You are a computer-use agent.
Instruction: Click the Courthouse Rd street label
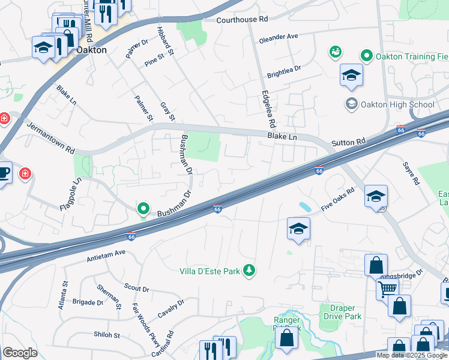[243, 19]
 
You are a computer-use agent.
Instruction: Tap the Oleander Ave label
[279, 37]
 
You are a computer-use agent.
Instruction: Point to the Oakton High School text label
[397, 104]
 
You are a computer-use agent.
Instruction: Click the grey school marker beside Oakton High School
[351, 104]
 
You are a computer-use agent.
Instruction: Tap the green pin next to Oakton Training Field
[366, 56]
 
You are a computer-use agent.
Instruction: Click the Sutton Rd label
[348, 143]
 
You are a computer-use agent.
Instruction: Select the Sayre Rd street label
[411, 173]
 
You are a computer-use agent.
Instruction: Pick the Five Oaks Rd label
[338, 199]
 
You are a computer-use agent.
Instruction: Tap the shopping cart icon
[387, 289]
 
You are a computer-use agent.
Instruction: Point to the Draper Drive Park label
[342, 312]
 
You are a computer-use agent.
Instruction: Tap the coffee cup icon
[4, 173]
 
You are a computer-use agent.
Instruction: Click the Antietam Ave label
[106, 253]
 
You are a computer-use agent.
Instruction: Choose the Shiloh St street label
[107, 335]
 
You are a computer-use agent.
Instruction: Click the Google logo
[19, 353]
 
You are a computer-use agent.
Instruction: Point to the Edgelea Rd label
[267, 109]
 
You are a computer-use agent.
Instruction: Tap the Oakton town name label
[91, 50]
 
